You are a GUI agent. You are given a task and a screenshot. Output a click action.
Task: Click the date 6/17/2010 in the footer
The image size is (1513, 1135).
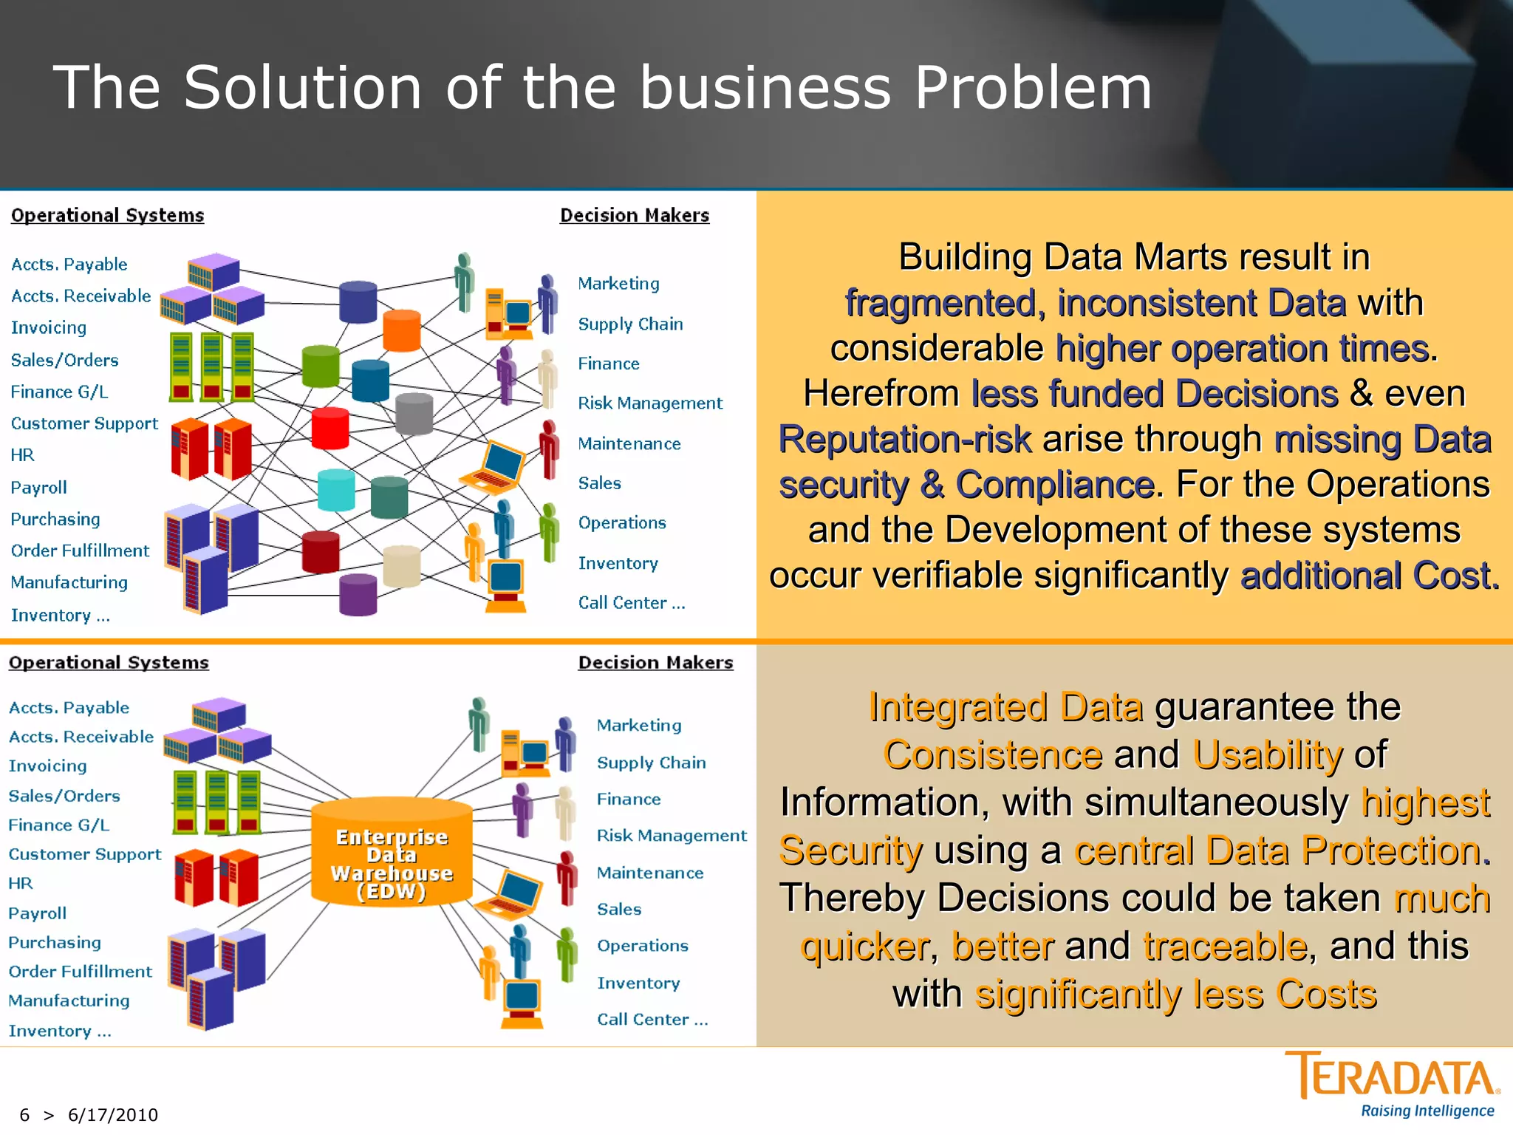click(x=112, y=1114)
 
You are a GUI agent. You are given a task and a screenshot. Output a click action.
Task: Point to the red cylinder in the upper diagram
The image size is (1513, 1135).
click(x=330, y=428)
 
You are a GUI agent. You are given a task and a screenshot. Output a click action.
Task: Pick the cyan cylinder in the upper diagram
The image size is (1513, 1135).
click(x=336, y=489)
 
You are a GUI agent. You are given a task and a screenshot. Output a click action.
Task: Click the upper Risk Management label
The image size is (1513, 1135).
click(x=649, y=403)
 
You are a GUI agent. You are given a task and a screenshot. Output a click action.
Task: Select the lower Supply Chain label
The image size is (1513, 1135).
click(x=651, y=762)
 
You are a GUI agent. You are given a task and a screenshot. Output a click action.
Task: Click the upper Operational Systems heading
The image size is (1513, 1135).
click(x=107, y=215)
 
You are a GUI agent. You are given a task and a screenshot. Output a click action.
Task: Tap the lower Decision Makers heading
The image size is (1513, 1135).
click(x=655, y=662)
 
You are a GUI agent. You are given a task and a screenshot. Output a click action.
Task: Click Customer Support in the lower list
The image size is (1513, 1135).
click(x=84, y=853)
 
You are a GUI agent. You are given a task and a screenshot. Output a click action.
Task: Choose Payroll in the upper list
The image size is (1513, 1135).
click(x=38, y=487)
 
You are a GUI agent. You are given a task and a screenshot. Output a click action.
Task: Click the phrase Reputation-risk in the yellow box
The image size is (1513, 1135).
click(x=904, y=439)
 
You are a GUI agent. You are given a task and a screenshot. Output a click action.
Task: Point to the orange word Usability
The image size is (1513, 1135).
click(x=1267, y=754)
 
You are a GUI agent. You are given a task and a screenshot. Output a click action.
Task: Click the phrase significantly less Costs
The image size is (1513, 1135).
click(x=1175, y=994)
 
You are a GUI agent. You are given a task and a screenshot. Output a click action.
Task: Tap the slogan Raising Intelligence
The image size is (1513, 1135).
click(x=1427, y=1111)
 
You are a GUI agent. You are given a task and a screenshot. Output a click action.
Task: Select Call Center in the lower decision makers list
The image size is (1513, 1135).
click(x=652, y=1019)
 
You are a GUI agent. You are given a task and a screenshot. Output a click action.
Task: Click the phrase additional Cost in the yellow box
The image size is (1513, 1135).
click(x=1369, y=576)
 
